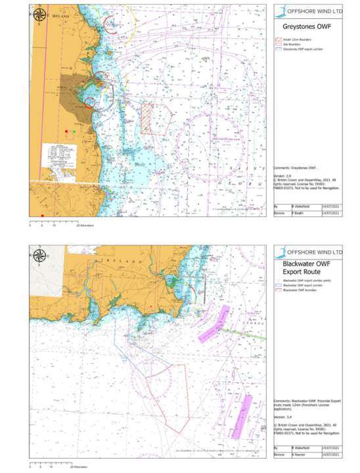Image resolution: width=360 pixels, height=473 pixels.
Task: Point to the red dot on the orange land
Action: click(x=66, y=132)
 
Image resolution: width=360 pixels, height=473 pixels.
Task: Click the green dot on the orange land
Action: click(x=74, y=132)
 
